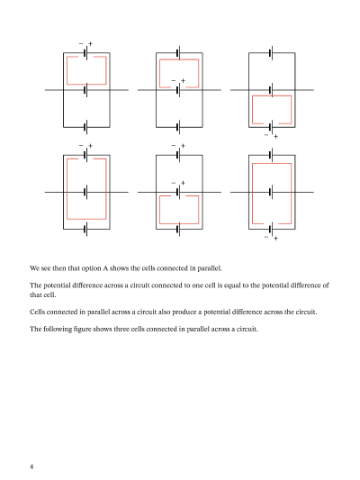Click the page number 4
pyautogui.click(x=31, y=466)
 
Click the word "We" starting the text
pyautogui.click(x=34, y=267)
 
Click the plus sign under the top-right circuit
pyautogui.click(x=275, y=136)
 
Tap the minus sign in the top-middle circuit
pyautogui.click(x=173, y=82)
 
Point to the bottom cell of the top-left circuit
pyautogui.click(x=85, y=127)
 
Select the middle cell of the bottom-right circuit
pyautogui.click(x=271, y=192)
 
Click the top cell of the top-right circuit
pyautogui.click(x=271, y=53)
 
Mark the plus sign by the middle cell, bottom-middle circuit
pyautogui.click(x=183, y=184)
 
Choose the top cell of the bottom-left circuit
pyautogui.click(x=85, y=154)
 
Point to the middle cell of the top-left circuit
pyautogui.click(x=85, y=90)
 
